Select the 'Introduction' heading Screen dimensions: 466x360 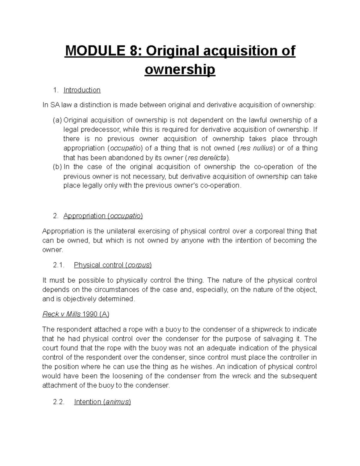(82, 90)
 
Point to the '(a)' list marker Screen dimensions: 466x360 (57, 120)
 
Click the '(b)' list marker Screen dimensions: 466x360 (57, 167)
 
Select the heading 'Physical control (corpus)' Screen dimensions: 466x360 (113, 265)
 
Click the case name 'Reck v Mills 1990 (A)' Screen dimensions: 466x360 (76, 314)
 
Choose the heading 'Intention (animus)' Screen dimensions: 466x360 (102, 402)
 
